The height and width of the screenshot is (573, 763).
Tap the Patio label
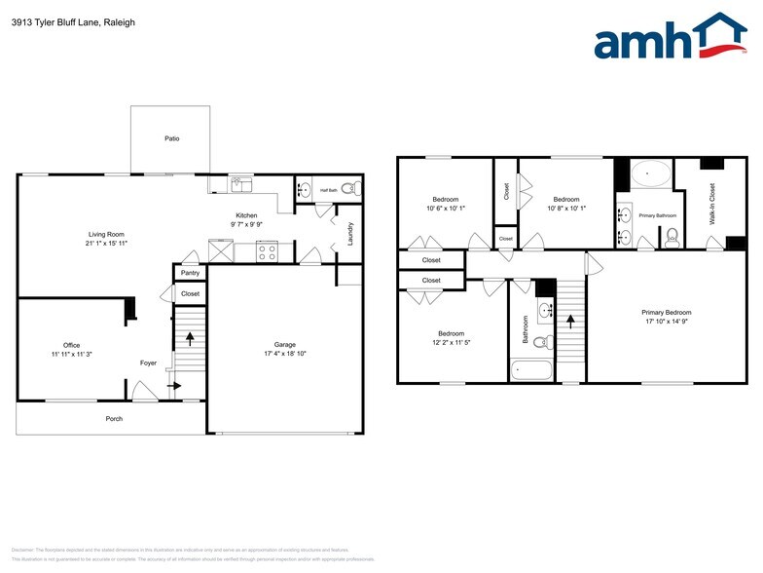coord(171,138)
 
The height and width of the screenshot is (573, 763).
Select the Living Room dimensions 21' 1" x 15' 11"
coord(108,243)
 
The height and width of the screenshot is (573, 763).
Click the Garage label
coord(284,344)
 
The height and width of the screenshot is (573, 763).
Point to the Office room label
coord(71,345)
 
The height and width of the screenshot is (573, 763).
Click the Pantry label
coord(190,274)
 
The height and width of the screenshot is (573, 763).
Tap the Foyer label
coord(148,363)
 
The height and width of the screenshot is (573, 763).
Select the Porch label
coord(114,418)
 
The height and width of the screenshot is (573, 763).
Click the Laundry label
coord(350,234)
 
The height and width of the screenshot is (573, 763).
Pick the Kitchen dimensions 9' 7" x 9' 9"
coord(246,225)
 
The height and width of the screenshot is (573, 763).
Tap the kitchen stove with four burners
coord(267,252)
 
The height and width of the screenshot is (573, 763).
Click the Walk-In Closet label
coord(711,205)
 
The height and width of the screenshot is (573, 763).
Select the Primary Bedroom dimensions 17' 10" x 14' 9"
coord(666,321)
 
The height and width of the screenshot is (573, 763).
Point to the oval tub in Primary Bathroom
coord(650,176)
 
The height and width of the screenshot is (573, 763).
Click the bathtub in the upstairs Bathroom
coord(531,370)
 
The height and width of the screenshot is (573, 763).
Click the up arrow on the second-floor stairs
coord(570,321)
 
